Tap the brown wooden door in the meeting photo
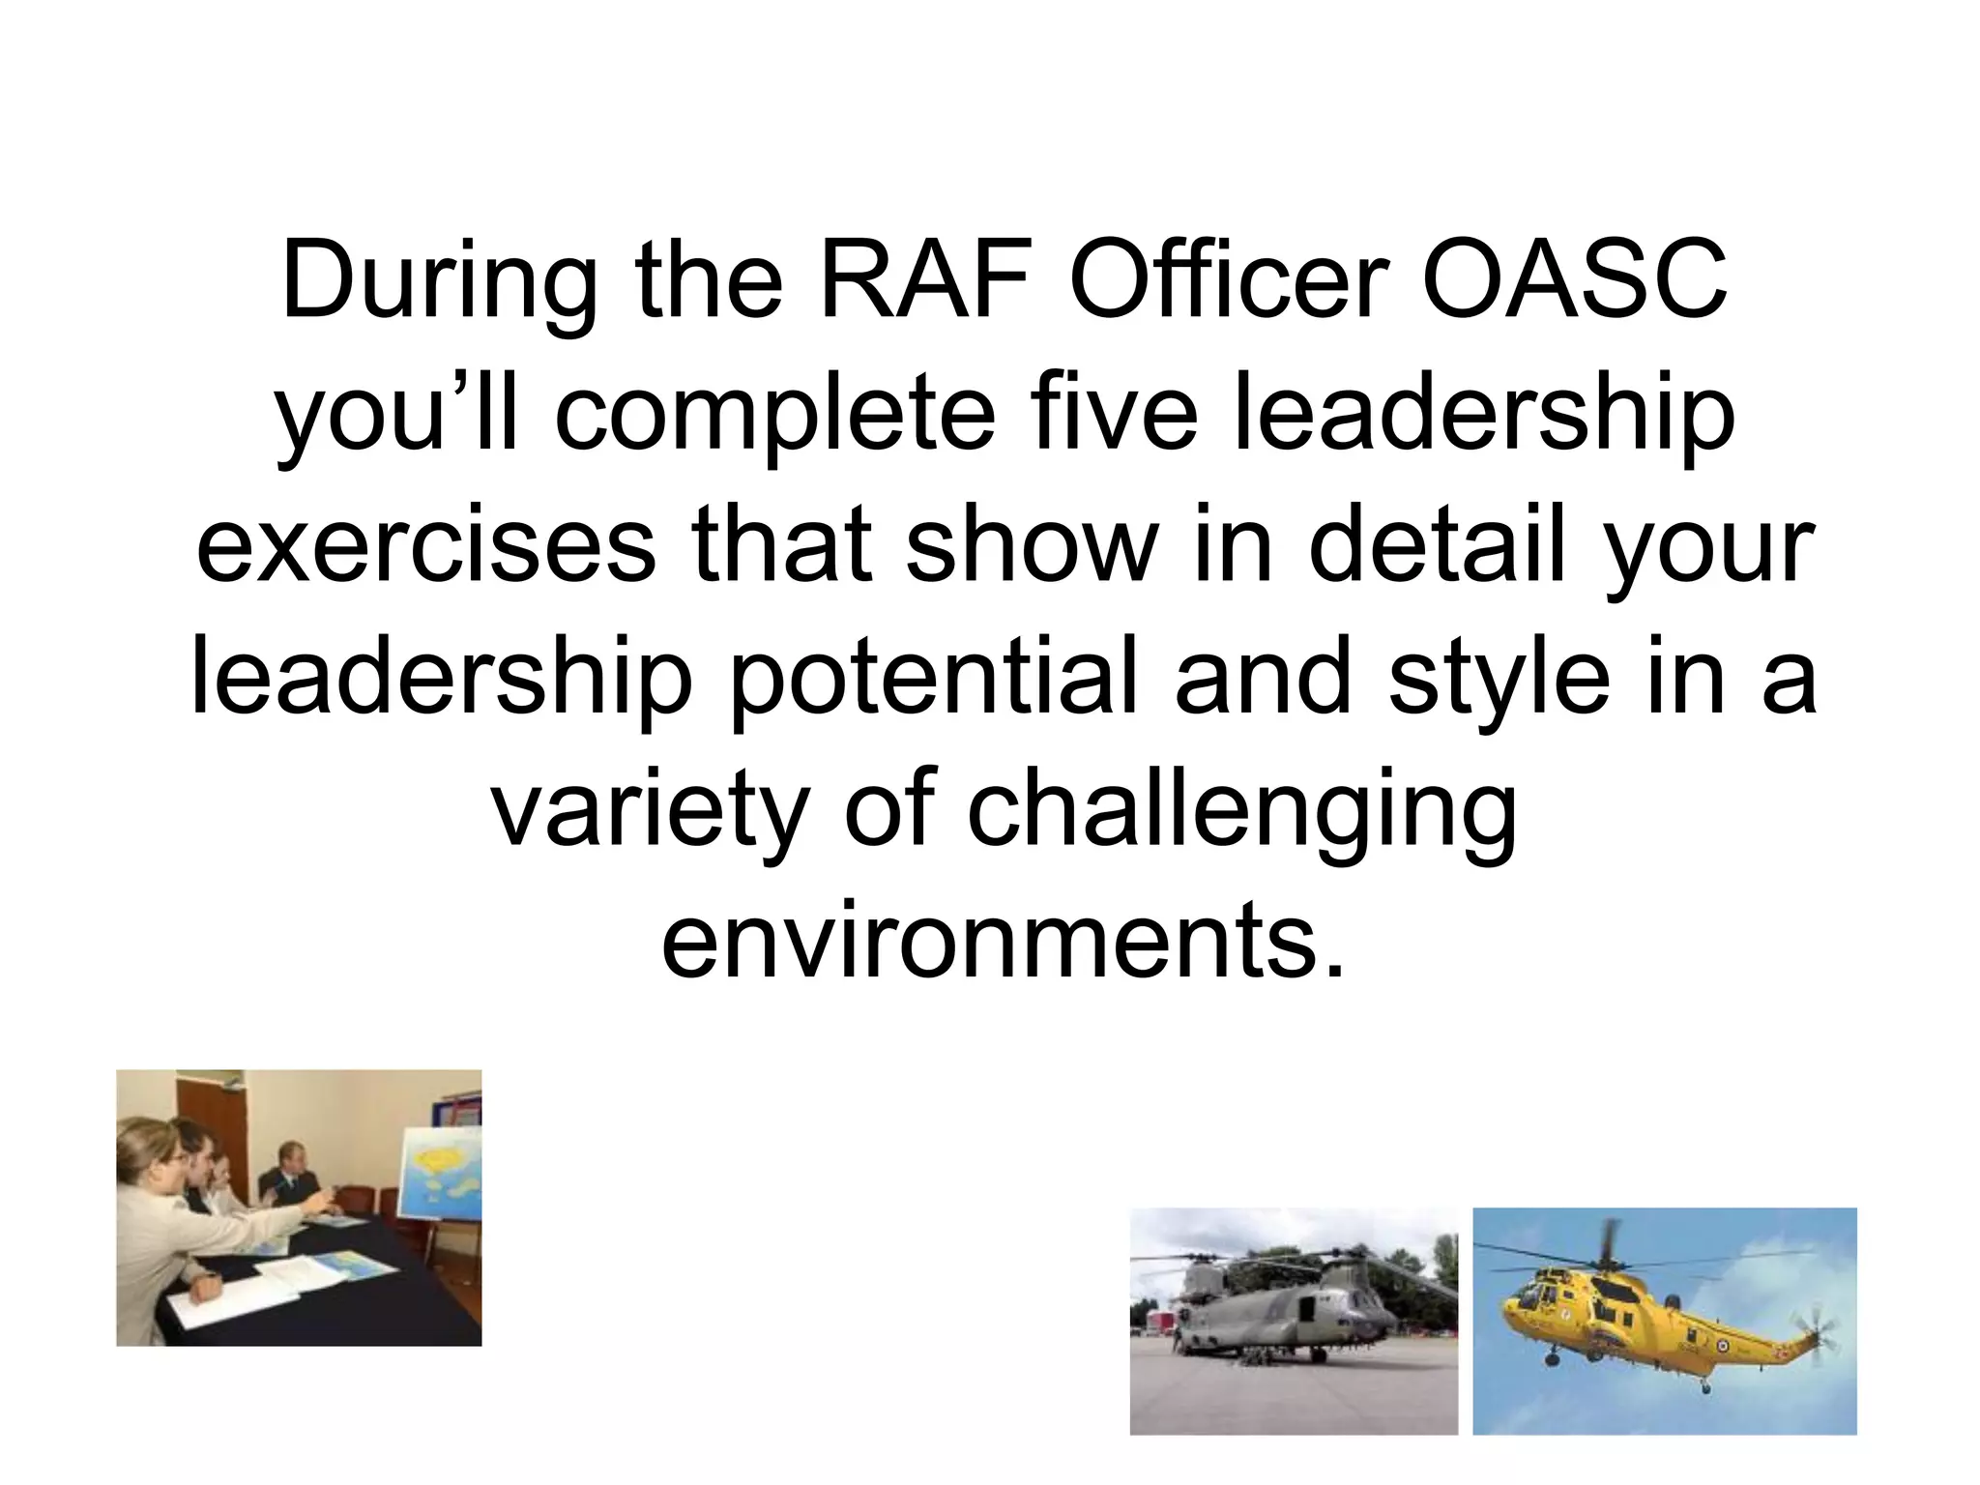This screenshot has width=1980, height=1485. (x=198, y=1131)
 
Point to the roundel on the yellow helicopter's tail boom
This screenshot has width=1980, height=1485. (x=1722, y=1348)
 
